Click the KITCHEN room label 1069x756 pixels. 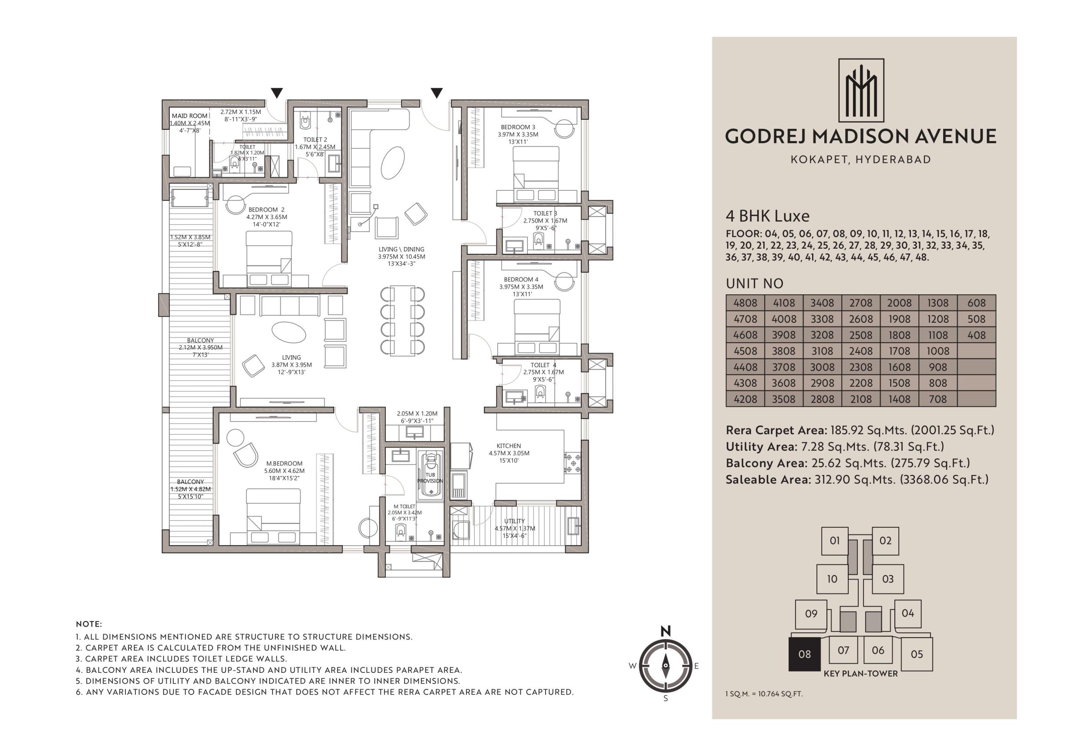tap(509, 446)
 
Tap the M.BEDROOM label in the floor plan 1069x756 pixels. tap(284, 464)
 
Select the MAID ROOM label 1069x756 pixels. tap(189, 116)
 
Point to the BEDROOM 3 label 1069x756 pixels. tap(518, 127)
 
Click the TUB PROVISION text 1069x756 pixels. tap(430, 478)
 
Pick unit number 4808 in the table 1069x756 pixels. tap(745, 303)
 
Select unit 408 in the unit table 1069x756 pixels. tap(976, 335)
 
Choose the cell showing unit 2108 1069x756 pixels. tap(860, 399)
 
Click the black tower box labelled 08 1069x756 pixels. tap(804, 654)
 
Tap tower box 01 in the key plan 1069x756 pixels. tap(834, 541)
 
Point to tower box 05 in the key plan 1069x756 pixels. tap(917, 654)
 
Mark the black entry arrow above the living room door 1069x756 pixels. tap(436, 93)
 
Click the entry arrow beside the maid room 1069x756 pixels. tap(277, 93)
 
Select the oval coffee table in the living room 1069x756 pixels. tap(289, 332)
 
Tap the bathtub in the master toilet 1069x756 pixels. tap(431, 474)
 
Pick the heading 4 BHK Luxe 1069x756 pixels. tap(767, 216)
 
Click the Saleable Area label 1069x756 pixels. tap(768, 479)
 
